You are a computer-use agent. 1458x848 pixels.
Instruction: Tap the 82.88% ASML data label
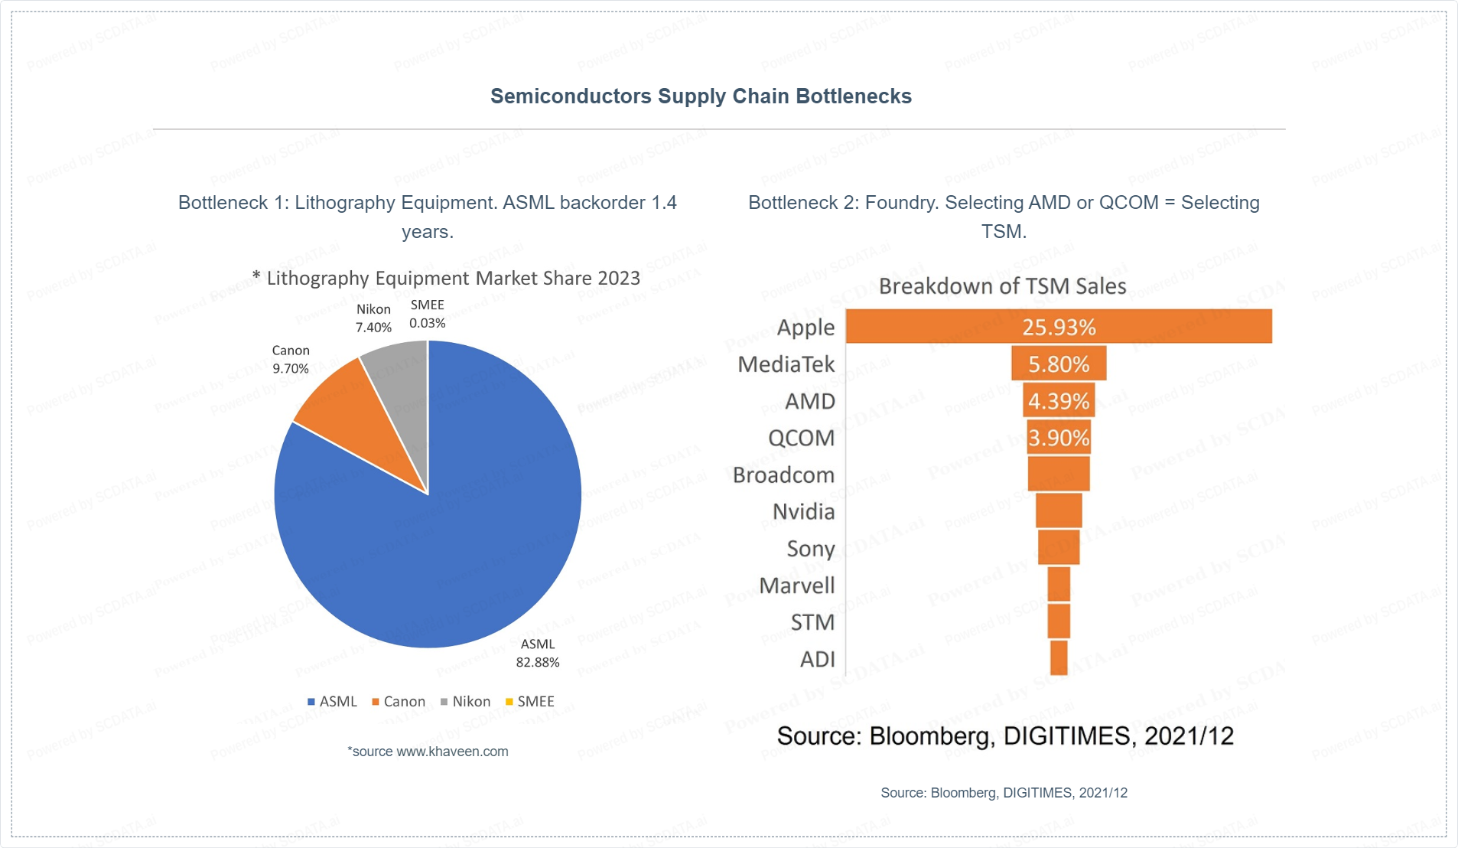coord(538,654)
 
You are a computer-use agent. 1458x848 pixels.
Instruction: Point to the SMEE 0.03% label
coord(427,315)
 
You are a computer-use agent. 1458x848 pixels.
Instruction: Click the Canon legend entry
coord(399,702)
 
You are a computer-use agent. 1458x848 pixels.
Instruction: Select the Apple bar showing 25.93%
coord(1059,327)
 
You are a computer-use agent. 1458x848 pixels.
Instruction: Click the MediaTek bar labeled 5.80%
coord(1059,364)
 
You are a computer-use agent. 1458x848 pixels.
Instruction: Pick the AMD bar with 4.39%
coord(1059,400)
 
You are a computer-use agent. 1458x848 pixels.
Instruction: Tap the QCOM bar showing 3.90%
coord(1059,437)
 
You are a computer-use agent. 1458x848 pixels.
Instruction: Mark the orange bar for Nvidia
coord(1059,510)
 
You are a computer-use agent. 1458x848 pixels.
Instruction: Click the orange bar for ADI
coord(1059,658)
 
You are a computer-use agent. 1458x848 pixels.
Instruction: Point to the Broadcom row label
coord(783,475)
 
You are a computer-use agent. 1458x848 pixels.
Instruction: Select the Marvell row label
coord(797,585)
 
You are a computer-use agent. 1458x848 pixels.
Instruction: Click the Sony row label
coord(811,549)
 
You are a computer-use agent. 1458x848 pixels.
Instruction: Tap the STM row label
coord(812,622)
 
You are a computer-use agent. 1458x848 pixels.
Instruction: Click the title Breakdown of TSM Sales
coord(1002,286)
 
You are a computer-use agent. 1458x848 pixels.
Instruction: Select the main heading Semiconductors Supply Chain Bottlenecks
coord(701,96)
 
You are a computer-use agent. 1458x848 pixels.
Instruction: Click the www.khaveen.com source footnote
coord(428,752)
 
